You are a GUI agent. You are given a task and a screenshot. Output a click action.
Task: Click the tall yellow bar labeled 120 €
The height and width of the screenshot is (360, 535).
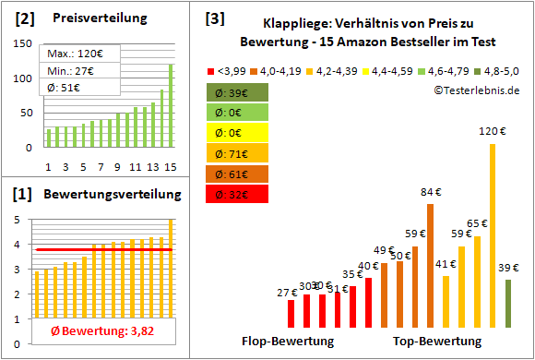point(493,235)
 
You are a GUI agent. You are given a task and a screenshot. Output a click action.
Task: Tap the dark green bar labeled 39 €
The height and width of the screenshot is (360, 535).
point(508,304)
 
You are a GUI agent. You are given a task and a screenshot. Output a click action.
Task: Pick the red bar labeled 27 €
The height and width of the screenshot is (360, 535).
point(291,314)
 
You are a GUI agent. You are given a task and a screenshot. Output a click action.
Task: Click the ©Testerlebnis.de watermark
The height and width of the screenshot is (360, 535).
point(476,90)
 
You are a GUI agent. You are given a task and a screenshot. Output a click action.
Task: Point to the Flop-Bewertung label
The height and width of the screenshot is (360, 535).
point(287,342)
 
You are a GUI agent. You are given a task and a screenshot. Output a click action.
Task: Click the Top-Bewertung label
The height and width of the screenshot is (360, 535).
point(437,342)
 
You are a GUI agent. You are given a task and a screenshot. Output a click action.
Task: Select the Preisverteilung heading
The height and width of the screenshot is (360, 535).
point(97,18)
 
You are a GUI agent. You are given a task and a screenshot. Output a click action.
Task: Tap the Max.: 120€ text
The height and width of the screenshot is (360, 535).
point(73,54)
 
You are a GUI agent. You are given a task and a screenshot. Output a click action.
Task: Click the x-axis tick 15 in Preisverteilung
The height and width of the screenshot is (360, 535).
point(170,166)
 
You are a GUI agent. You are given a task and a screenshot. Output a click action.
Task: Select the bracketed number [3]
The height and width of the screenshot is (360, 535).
point(214,18)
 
